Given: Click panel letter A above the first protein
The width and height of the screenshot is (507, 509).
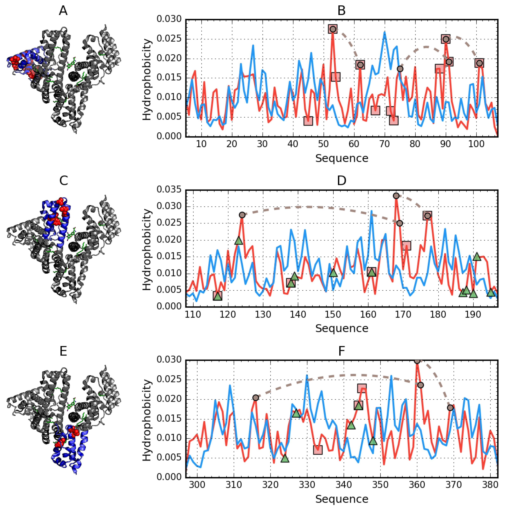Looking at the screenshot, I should [63, 11].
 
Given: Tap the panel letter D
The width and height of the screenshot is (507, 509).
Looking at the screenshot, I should [341, 181].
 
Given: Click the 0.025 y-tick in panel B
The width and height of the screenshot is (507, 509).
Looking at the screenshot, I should [169, 39].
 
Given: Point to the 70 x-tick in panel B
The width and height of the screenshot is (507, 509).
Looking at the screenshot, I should [384, 144].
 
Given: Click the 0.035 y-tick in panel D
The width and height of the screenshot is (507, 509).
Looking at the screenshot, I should [169, 189].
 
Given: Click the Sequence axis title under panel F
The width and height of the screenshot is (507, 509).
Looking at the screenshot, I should [341, 499].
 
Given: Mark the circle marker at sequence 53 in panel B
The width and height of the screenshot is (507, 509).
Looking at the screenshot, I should [333, 29].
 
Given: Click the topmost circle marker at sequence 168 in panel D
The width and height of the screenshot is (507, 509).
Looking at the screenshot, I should [396, 196].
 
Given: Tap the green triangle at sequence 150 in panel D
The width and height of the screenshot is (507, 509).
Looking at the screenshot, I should [333, 273].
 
